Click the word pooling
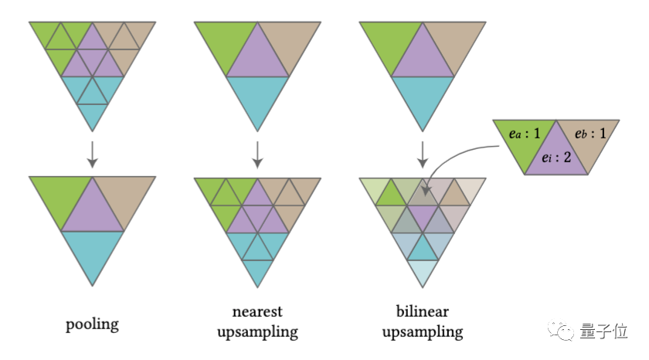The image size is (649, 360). coord(92,322)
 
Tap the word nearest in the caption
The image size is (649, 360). coord(257,311)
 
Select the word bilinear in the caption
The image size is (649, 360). coord(422,311)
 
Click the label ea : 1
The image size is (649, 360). coord(525,133)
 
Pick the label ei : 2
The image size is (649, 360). coord(557,158)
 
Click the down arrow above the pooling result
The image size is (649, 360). coord(92,153)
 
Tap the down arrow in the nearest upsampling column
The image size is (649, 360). coord(257,153)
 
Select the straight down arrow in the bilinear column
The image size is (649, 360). coord(422,153)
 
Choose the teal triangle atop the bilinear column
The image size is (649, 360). coord(422,97)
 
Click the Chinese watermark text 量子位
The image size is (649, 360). coord(605,331)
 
